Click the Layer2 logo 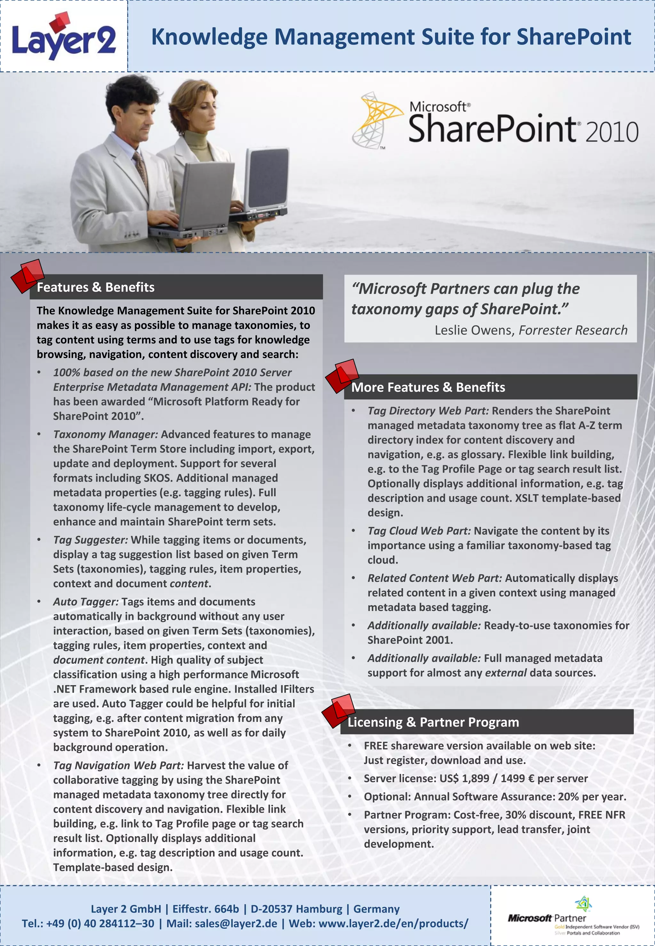64,38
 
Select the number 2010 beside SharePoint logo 612,132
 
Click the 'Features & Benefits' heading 96,287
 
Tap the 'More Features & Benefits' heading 428,387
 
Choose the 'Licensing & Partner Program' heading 433,722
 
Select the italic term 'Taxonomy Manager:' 106,434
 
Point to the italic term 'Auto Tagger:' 86,601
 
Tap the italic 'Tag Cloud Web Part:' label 419,531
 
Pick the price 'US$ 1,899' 465,778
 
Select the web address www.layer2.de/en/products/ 393,923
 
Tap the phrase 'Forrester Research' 573,330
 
